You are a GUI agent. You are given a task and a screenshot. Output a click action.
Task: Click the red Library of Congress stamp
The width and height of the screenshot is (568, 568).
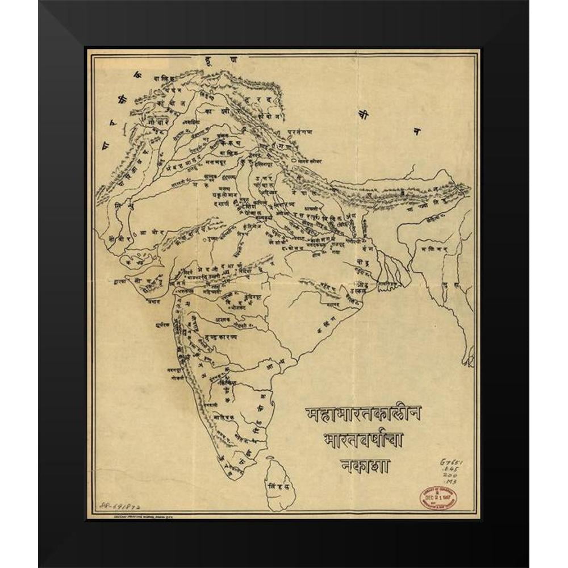[438, 498]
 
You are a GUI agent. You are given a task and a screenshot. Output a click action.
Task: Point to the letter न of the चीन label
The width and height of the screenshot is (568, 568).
[416, 132]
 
